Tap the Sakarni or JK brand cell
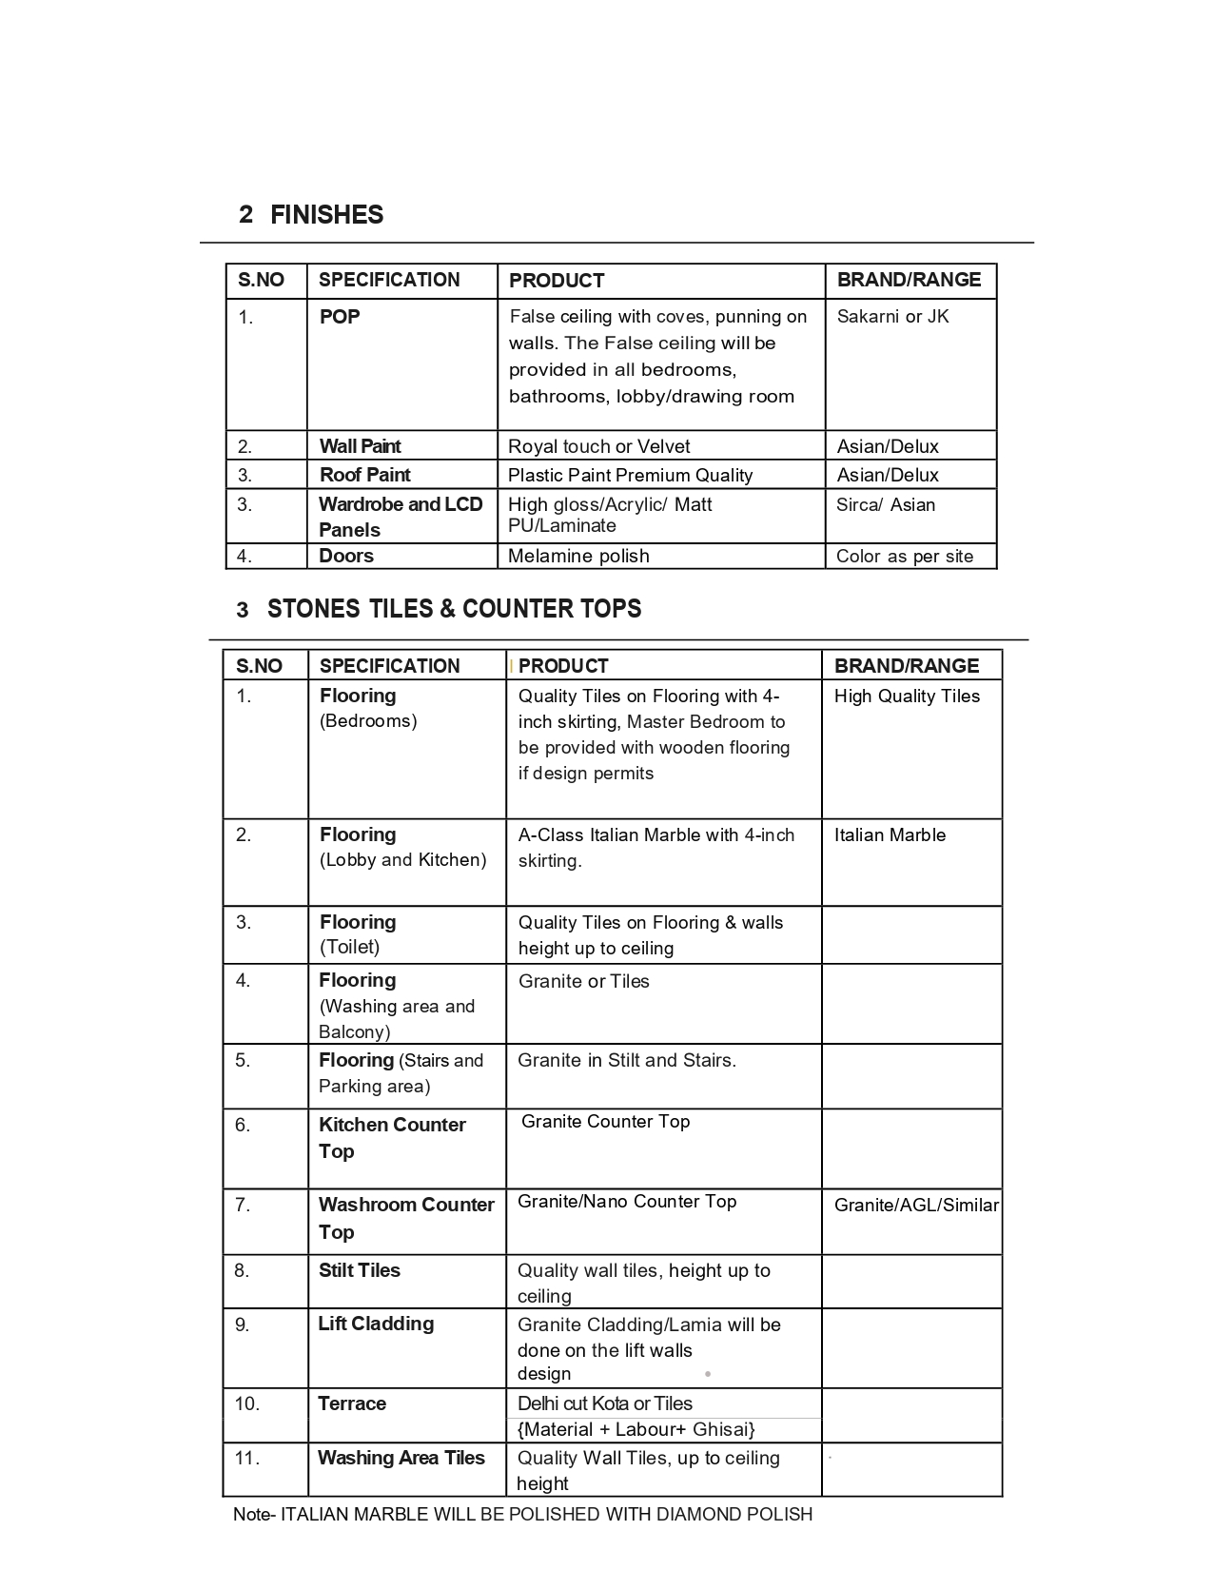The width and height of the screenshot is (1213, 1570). click(x=892, y=317)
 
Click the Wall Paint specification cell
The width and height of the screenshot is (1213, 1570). click(x=360, y=446)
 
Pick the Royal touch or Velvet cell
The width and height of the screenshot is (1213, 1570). click(x=598, y=446)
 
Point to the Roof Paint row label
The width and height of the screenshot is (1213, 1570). click(x=364, y=475)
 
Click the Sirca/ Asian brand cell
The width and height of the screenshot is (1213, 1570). click(x=885, y=505)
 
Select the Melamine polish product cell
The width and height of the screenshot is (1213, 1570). click(x=578, y=556)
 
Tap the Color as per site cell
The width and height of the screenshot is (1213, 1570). click(x=904, y=557)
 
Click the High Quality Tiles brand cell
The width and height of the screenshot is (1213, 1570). click(x=907, y=697)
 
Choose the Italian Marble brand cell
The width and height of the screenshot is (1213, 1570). click(x=890, y=835)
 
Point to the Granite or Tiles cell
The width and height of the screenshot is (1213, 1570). click(x=583, y=981)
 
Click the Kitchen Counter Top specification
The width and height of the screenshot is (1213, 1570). click(x=392, y=1138)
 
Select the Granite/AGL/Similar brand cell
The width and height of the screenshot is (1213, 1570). click(x=915, y=1206)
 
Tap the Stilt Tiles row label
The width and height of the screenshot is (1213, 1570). click(x=359, y=1270)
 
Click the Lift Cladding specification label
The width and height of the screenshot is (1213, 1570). click(x=376, y=1324)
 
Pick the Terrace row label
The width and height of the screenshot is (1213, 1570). click(x=352, y=1403)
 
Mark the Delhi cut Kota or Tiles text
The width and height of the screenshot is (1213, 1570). click(x=604, y=1403)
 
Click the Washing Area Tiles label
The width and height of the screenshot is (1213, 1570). click(x=401, y=1458)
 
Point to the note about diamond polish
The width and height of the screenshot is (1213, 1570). click(x=523, y=1514)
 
